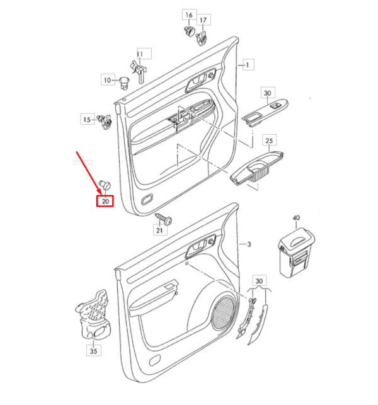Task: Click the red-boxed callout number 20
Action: (x=105, y=201)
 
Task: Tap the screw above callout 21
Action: (x=164, y=219)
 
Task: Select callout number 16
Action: (x=189, y=15)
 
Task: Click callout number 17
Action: (x=203, y=20)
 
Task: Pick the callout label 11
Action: (x=139, y=54)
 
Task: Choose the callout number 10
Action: (x=107, y=80)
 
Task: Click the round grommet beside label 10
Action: (x=125, y=83)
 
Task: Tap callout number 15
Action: (x=87, y=120)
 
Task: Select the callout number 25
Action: (x=269, y=140)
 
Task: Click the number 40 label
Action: (x=296, y=218)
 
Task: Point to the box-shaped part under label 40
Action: (x=296, y=253)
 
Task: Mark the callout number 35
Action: (x=93, y=351)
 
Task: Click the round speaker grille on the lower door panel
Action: (x=223, y=312)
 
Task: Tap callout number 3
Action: (x=249, y=244)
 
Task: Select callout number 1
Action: (x=248, y=65)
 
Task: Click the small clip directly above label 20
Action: (x=105, y=184)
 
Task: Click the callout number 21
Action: (x=159, y=230)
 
